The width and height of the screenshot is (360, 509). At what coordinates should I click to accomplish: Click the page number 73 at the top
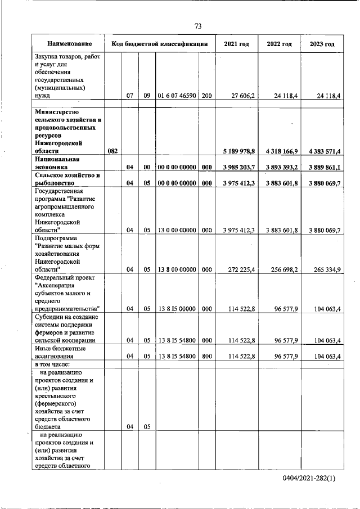click(x=198, y=26)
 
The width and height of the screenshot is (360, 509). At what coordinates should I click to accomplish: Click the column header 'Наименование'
click(x=69, y=44)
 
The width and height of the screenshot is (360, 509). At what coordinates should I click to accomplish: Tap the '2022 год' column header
click(x=279, y=44)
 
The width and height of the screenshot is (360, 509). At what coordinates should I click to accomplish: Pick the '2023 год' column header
click(x=322, y=44)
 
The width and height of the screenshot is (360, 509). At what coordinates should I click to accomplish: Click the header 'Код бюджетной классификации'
click(x=160, y=44)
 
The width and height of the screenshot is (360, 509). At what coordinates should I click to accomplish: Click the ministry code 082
click(x=112, y=151)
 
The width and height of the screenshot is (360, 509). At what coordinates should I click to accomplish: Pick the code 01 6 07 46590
click(x=177, y=96)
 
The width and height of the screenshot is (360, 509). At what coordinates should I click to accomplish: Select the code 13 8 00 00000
click(x=177, y=269)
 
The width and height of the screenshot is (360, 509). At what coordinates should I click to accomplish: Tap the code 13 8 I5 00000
click(x=177, y=309)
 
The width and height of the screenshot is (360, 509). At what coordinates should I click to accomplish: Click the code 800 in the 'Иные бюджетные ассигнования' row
click(x=206, y=356)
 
